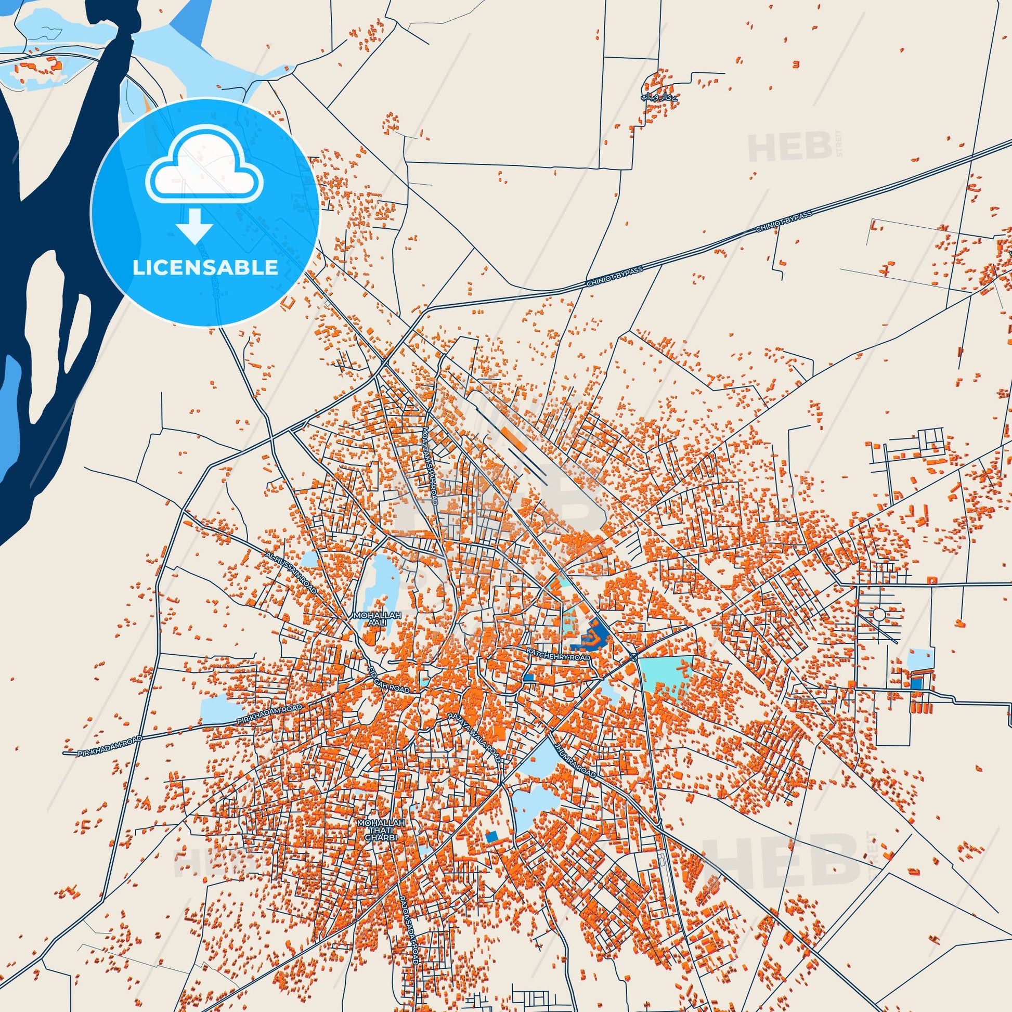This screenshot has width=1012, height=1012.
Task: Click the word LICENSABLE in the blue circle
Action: pyautogui.click(x=205, y=267)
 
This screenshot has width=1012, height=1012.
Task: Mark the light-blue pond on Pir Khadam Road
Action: pyautogui.click(x=215, y=709)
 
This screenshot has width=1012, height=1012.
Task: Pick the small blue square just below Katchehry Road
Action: pyautogui.click(x=528, y=677)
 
